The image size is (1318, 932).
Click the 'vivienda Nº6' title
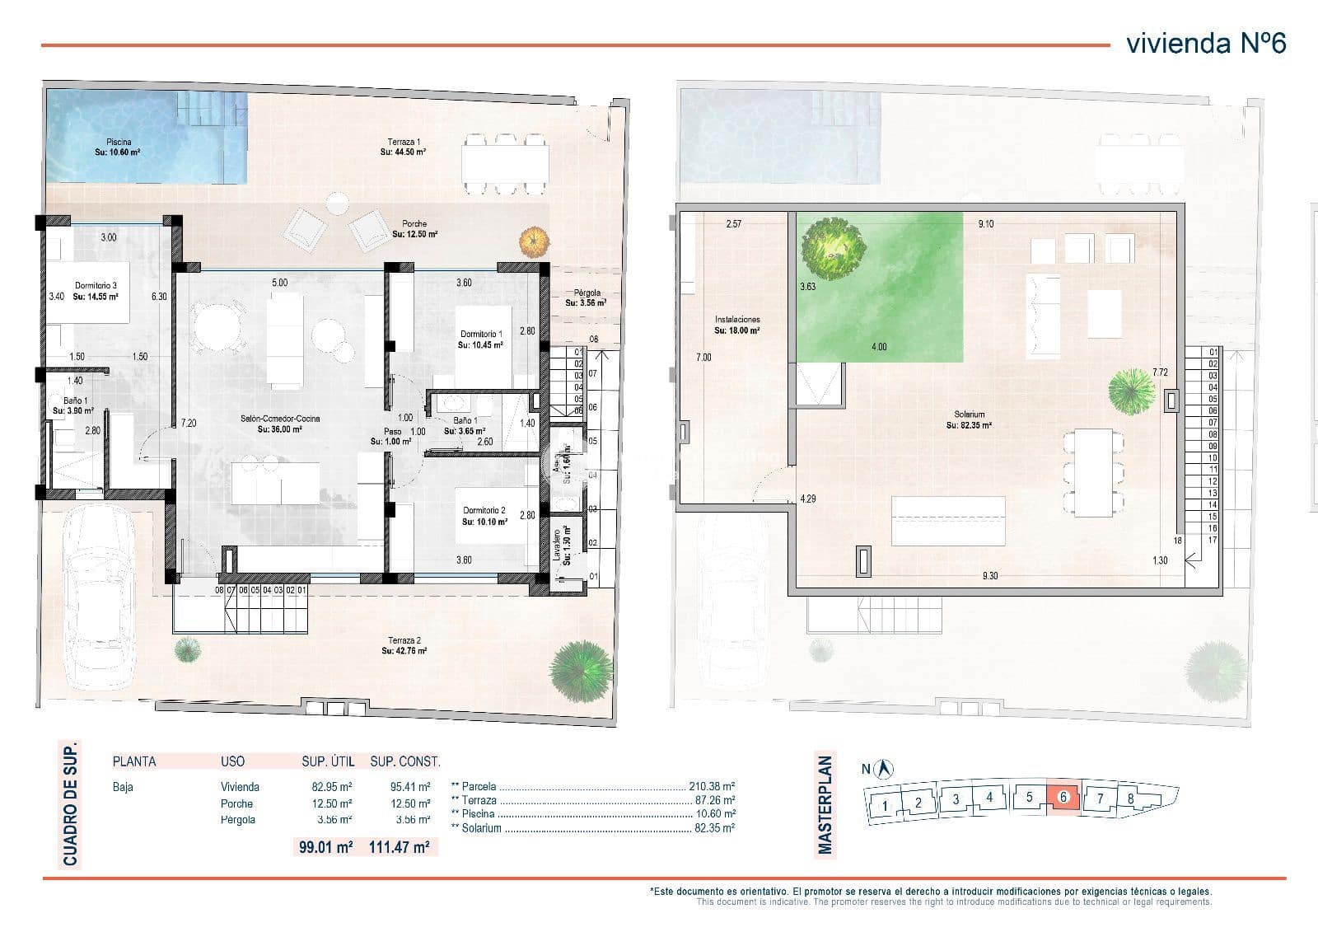tap(1205, 43)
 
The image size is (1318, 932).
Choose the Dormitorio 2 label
tap(484, 516)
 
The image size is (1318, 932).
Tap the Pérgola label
tap(587, 297)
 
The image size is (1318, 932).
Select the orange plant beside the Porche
tap(534, 241)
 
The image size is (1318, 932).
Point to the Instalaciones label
tap(736, 325)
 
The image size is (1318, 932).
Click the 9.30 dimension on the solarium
tap(989, 576)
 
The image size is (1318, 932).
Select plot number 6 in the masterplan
tap(1063, 798)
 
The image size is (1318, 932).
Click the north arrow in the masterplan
tap(886, 768)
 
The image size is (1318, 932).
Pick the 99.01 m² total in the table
tap(326, 846)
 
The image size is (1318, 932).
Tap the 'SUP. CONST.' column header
tap(404, 761)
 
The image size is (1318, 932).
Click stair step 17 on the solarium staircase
tap(1213, 541)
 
